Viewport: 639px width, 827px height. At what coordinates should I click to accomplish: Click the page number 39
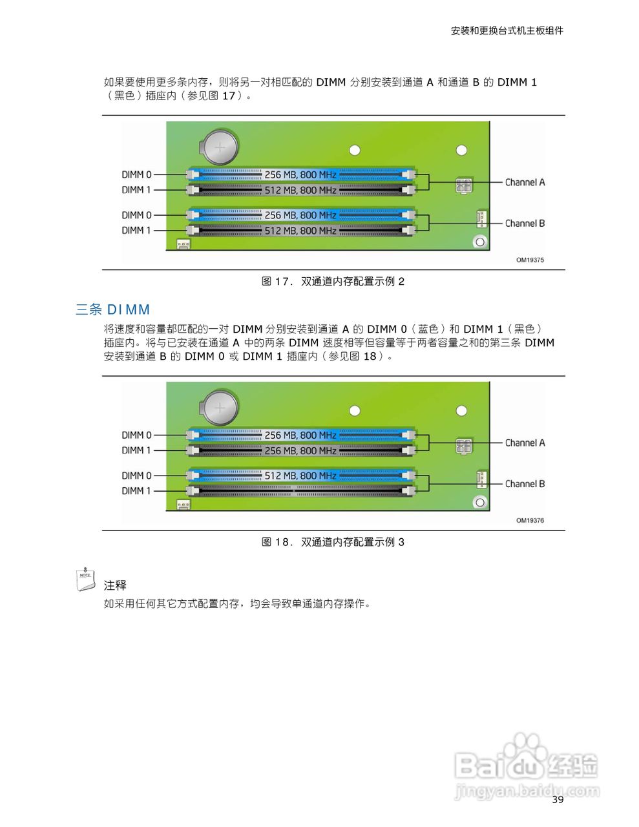(558, 800)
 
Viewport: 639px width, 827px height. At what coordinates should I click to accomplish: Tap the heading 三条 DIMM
(113, 309)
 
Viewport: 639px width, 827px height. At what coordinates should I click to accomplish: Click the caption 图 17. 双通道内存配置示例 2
(333, 282)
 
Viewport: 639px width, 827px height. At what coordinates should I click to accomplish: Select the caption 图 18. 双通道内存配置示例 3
(333, 542)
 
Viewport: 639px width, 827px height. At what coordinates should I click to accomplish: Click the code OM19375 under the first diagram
(530, 260)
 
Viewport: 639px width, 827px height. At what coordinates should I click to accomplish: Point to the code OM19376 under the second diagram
(530, 521)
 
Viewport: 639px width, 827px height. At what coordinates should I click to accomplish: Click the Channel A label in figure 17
(525, 183)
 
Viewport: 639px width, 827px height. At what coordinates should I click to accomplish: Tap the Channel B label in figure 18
(525, 484)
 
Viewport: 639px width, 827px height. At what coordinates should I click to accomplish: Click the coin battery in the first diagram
(220, 148)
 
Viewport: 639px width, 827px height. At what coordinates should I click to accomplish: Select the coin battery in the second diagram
(220, 408)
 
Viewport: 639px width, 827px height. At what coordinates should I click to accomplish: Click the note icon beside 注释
(85, 580)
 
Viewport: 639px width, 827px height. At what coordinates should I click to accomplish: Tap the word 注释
(115, 585)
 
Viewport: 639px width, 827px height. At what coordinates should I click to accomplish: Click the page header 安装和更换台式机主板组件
(507, 30)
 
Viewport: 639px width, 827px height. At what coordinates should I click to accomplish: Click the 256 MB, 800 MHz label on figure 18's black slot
(300, 451)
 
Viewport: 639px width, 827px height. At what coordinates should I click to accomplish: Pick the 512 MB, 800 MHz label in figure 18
(300, 476)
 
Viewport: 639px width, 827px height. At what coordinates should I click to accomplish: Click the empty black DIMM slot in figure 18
(300, 491)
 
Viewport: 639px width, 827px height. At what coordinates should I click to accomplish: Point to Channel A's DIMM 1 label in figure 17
(136, 190)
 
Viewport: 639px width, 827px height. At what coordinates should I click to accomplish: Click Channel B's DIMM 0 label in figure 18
(136, 476)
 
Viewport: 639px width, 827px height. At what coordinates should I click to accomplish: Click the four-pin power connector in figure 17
(463, 185)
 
